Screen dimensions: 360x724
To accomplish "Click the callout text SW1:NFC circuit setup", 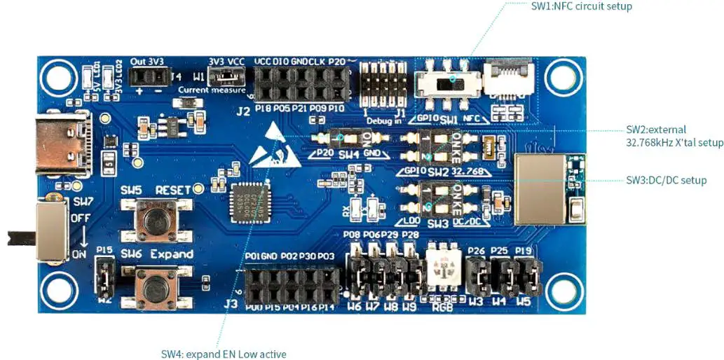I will tap(582, 6).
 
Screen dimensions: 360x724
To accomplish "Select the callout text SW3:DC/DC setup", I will tap(666, 180).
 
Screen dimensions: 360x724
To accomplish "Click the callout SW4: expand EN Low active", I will tap(224, 354).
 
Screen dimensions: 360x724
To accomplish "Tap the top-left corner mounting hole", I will tap(55, 74).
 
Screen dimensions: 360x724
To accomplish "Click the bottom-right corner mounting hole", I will tap(563, 286).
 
